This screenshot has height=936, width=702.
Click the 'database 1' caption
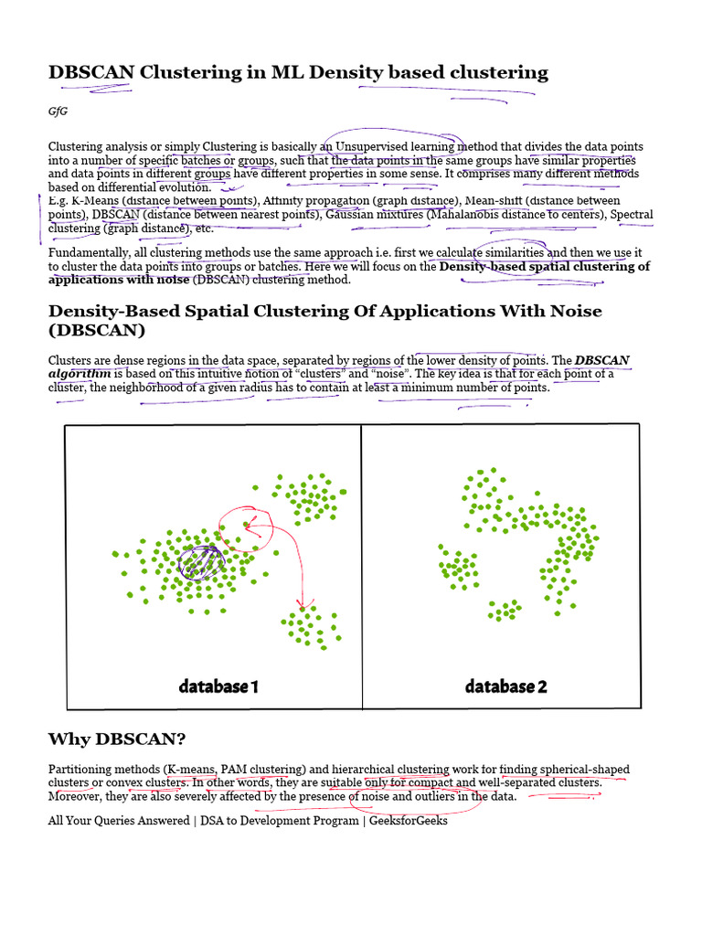[x=218, y=686]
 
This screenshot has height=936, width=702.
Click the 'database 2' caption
[x=505, y=686]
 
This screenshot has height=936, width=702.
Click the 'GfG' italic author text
[x=58, y=111]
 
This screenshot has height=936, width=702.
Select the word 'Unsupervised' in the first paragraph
[x=374, y=146]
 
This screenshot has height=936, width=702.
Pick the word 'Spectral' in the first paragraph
[x=632, y=214]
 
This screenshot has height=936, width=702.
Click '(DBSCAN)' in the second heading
[x=97, y=330]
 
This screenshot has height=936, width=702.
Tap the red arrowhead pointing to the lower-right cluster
[x=302, y=605]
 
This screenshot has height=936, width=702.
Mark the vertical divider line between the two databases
[x=362, y=567]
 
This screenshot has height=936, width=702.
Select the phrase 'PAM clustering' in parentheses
[x=258, y=770]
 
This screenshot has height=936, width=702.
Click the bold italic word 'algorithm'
[x=80, y=373]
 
